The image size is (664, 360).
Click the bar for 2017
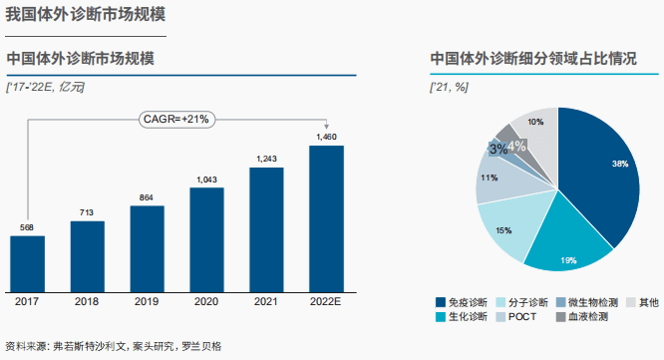[x=27, y=262]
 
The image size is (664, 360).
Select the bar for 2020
[x=206, y=237]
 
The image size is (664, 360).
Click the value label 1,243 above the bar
[x=266, y=159]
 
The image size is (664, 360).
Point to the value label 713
[x=87, y=213]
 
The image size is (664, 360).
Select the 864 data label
[x=147, y=197]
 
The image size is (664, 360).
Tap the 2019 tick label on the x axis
[x=147, y=299]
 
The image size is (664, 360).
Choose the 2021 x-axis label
[x=266, y=299]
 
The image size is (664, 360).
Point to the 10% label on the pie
[x=536, y=122]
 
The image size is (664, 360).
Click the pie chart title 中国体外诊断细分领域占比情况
[x=533, y=58]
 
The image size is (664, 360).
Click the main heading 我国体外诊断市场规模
[x=85, y=15]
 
